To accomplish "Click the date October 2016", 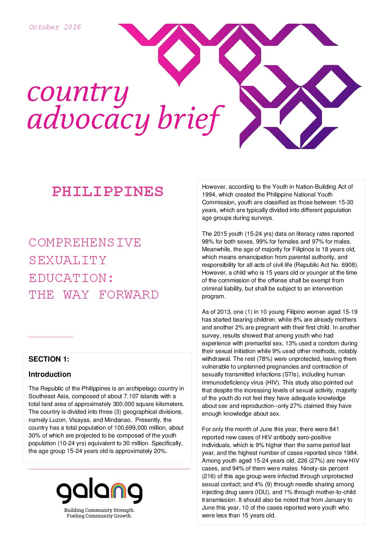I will tap(55, 27).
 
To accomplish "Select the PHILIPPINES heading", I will tap(107, 192).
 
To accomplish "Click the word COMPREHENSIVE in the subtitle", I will tap(85, 243).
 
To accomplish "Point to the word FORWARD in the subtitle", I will tap(129, 295).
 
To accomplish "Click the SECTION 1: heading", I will tap(49, 359).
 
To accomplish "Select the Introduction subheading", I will tap(50, 374).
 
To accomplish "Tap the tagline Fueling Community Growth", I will tap(99, 516).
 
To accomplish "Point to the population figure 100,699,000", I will tap(130, 428).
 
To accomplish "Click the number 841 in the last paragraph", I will tap(334, 429).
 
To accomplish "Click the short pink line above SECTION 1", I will tap(50, 337).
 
